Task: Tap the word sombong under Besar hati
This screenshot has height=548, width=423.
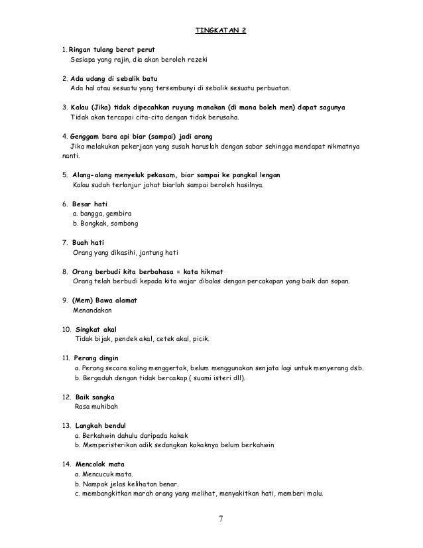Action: click(124, 224)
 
